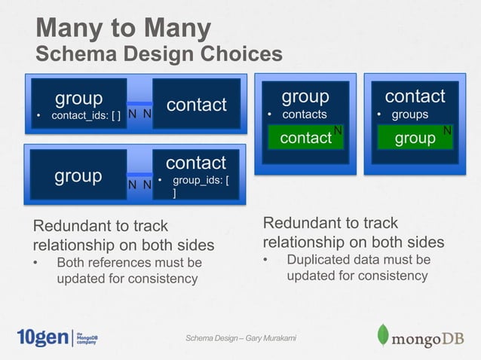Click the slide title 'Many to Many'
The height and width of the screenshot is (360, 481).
click(124, 28)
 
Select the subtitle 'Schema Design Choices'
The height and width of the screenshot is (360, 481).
click(159, 54)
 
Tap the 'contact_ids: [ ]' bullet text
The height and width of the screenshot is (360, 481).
click(85, 115)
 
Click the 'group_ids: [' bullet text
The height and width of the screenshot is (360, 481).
click(201, 181)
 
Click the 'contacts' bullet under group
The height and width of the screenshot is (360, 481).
click(304, 114)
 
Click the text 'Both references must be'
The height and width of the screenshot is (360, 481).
click(129, 263)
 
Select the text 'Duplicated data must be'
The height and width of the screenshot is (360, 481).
click(358, 260)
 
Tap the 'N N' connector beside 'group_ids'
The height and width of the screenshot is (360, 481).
click(139, 184)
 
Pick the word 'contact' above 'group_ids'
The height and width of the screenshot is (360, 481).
click(196, 163)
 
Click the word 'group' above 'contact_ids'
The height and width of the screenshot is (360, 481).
click(78, 98)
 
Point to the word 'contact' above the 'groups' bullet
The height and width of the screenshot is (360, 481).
click(415, 96)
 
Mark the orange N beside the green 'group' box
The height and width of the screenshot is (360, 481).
click(447, 131)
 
